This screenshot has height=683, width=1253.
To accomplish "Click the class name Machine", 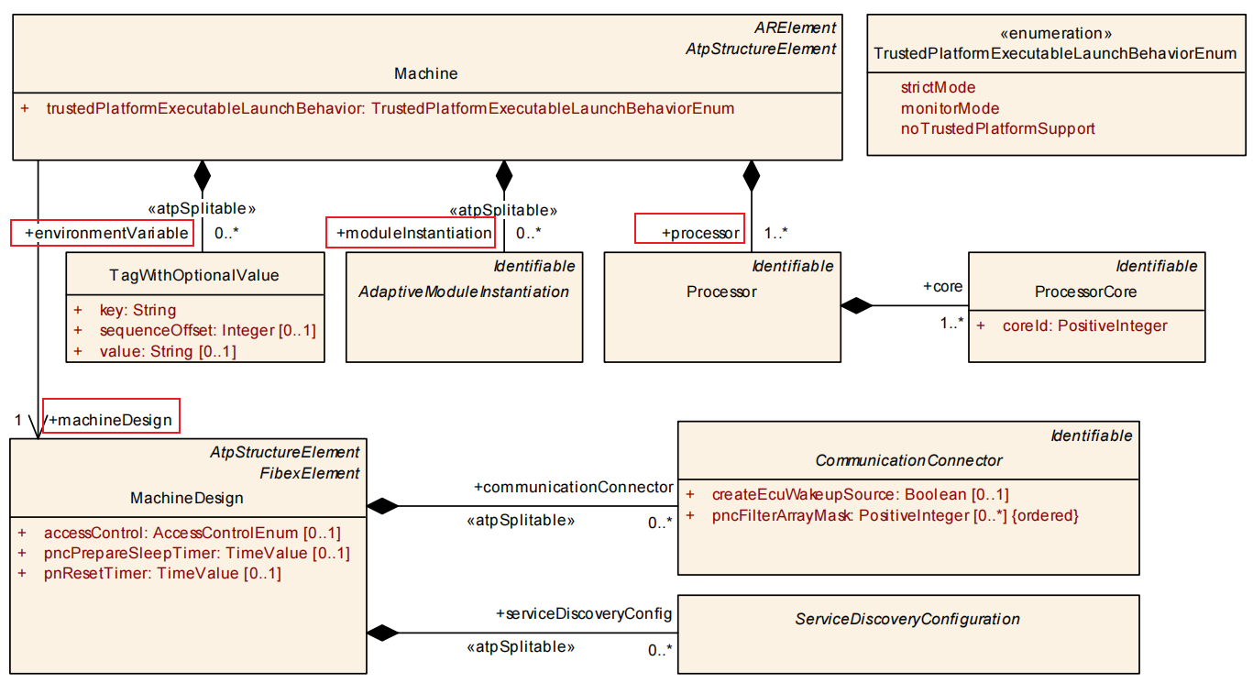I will (x=425, y=73).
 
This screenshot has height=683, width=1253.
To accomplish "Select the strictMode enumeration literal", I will (x=938, y=88).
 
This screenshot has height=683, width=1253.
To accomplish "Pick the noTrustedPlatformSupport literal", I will (x=997, y=128).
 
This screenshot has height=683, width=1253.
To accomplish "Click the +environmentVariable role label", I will (x=102, y=233).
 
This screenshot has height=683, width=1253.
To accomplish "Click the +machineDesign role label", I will (x=110, y=420).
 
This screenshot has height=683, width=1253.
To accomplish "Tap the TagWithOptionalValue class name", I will (x=194, y=275).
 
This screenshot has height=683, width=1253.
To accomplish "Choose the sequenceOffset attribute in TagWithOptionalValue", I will (x=207, y=331).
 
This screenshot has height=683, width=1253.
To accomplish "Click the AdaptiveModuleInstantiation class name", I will (x=463, y=292).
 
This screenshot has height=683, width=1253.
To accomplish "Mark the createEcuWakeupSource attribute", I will (x=860, y=495).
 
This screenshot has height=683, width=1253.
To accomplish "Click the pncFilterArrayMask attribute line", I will (x=895, y=515).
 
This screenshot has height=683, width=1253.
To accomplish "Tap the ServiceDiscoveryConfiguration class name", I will (x=907, y=619).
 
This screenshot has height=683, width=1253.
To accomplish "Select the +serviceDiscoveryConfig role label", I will (x=584, y=613).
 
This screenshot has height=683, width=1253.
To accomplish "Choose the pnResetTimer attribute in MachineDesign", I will (x=162, y=574).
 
